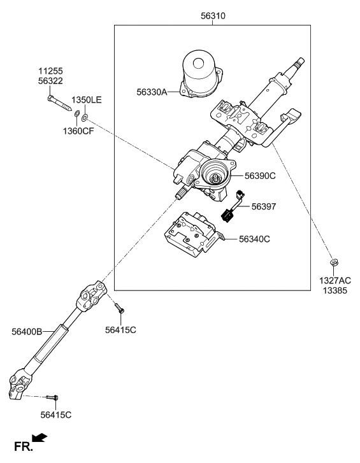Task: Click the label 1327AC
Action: coord(335,280)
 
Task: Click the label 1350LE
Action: coord(86,100)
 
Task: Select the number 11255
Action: coord(50,71)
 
